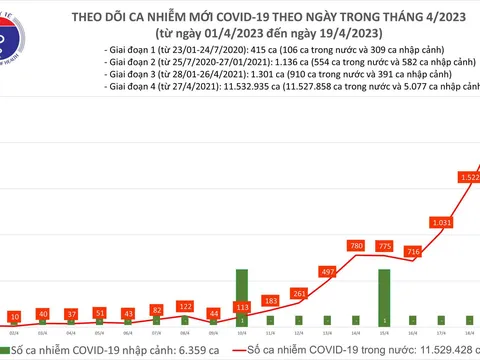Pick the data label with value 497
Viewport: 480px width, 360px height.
327,272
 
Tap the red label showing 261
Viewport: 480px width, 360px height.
299,293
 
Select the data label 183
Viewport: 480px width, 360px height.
270,300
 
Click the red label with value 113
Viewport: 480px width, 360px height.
241,307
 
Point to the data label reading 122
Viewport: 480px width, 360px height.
185,306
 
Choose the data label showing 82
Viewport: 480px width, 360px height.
157,311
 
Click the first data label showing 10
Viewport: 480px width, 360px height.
14,316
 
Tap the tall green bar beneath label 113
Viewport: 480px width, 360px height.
242,300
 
